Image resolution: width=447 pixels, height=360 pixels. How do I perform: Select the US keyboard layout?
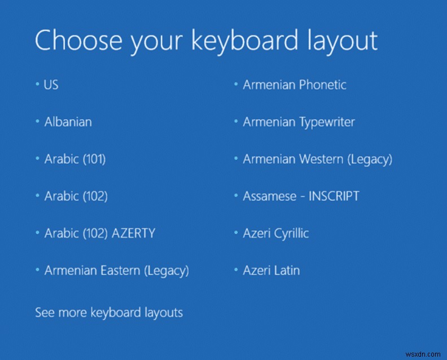click(51, 85)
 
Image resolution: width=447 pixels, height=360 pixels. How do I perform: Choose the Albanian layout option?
click(68, 122)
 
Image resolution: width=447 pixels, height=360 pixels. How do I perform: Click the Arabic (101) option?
click(74, 159)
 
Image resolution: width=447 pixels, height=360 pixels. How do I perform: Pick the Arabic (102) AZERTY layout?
click(99, 233)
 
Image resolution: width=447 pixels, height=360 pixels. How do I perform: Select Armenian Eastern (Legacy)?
click(116, 270)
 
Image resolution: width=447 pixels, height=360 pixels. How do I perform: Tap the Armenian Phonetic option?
click(294, 85)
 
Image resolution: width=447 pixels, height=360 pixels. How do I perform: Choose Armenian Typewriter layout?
click(299, 122)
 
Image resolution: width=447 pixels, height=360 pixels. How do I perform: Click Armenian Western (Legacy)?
click(317, 159)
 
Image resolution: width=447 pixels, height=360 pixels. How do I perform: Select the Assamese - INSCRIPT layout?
click(301, 196)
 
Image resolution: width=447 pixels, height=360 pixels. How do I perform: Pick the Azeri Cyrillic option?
click(275, 233)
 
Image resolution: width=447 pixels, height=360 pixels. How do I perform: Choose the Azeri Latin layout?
click(271, 270)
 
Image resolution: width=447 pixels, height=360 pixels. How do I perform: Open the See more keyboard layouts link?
click(109, 312)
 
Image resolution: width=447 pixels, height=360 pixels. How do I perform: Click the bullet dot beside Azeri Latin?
click(236, 271)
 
